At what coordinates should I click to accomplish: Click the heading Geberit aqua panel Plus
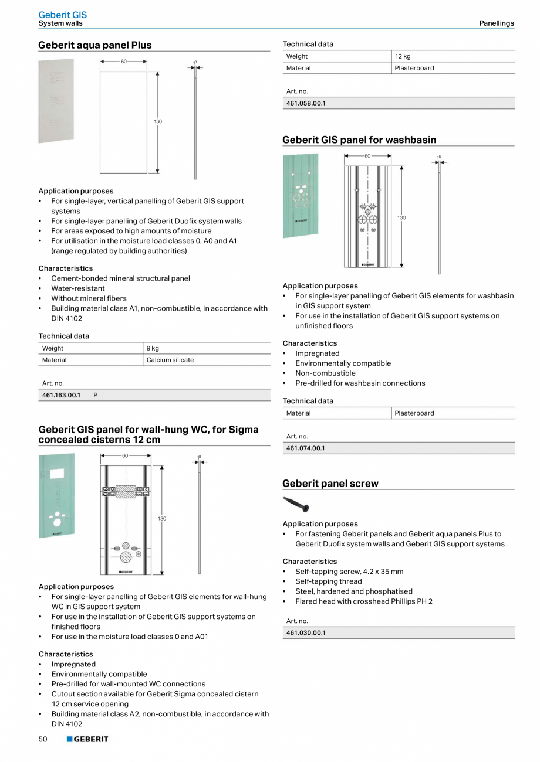click(x=95, y=45)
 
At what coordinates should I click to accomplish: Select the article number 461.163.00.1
click(x=61, y=395)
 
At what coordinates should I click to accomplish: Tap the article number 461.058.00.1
click(x=305, y=103)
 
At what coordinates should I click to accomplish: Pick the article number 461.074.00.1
click(x=305, y=448)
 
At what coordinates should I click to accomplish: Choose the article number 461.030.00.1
click(x=305, y=633)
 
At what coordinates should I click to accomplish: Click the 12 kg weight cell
click(x=403, y=56)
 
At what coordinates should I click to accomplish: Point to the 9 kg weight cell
click(x=153, y=348)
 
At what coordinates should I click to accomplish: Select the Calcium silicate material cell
click(x=170, y=360)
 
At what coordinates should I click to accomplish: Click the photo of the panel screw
click(x=296, y=504)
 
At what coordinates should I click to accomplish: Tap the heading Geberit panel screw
click(x=330, y=484)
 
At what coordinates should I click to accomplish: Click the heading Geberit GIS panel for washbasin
click(x=359, y=140)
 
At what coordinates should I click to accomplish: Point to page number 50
click(x=43, y=739)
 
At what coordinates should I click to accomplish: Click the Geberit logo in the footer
click(x=87, y=739)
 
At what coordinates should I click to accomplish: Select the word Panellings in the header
click(x=496, y=23)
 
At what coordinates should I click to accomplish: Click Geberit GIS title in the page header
click(x=62, y=15)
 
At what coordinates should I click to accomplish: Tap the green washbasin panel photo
click(x=301, y=195)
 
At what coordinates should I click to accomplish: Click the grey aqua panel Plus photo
click(x=56, y=100)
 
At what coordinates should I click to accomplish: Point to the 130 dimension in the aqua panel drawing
click(x=158, y=121)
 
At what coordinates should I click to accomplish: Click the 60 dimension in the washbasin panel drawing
click(x=367, y=156)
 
